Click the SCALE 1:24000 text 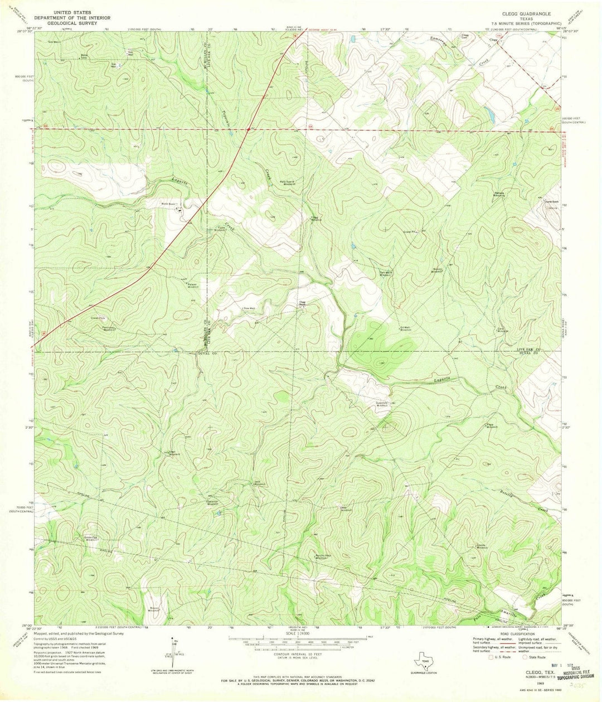click(301, 633)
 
